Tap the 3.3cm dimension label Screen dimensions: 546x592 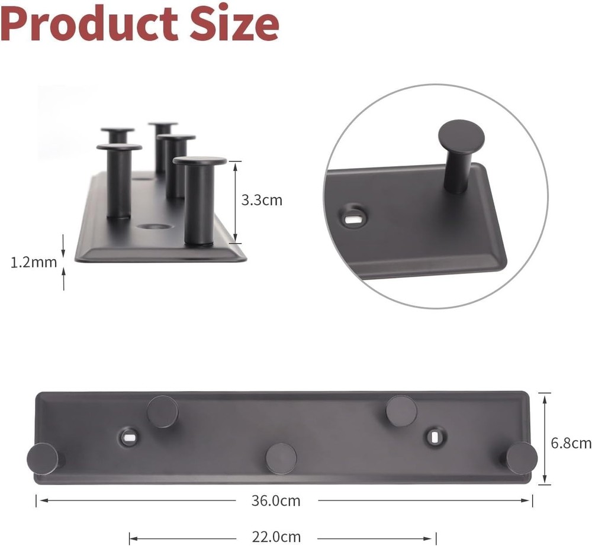click(262, 200)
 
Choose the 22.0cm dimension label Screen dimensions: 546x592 click(277, 537)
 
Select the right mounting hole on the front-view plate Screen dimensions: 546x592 click(436, 436)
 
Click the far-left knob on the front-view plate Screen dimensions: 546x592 click(42, 458)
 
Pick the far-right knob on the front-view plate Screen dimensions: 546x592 click(522, 458)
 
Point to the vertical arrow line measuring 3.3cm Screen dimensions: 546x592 click(236, 201)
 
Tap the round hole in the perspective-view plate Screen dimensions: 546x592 click(153, 227)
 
